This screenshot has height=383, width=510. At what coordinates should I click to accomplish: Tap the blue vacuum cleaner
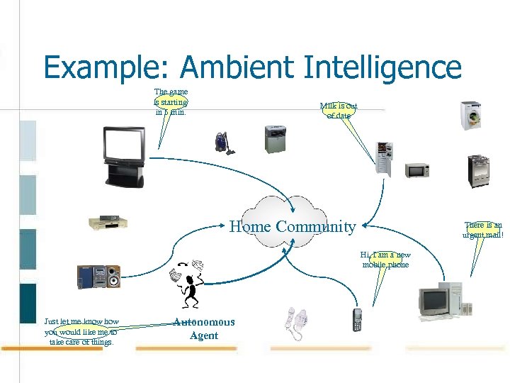tap(226, 142)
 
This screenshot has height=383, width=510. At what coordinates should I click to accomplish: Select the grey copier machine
tap(276, 139)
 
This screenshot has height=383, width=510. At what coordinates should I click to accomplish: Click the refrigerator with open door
tap(384, 157)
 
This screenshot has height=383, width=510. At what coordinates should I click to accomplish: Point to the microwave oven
tap(417, 170)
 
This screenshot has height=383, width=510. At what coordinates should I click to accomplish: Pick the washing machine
tap(470, 115)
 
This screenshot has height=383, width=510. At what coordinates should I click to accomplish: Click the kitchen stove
tap(478, 171)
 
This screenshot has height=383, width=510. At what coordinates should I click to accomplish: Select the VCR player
tap(108, 223)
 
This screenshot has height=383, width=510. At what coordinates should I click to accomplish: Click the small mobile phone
tap(358, 320)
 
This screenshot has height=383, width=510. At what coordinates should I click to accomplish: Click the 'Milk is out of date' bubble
tap(339, 111)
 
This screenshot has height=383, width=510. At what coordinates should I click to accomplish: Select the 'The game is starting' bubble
tap(171, 101)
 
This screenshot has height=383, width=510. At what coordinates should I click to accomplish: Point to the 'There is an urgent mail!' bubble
tap(483, 229)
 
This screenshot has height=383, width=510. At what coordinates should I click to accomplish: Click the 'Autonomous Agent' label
tap(204, 329)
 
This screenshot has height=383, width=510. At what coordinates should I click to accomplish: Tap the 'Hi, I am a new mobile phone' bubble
tap(385, 260)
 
